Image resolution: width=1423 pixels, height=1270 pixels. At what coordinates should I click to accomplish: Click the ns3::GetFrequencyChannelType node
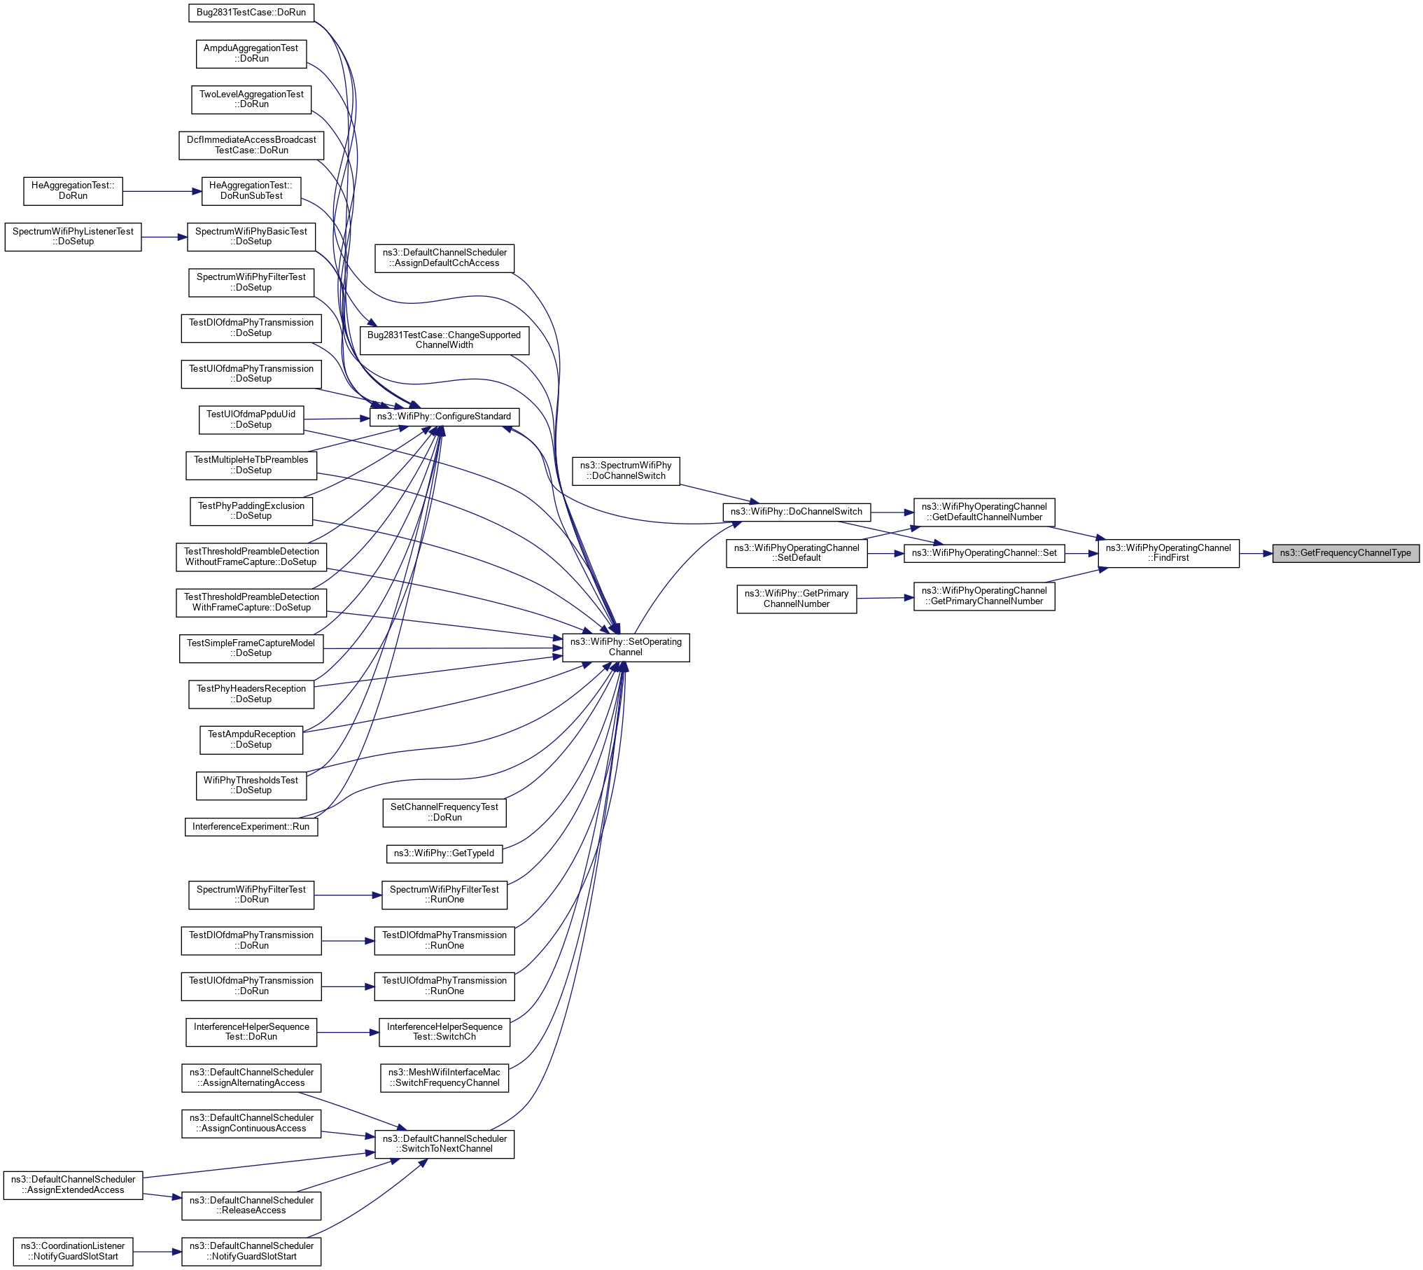[1345, 553]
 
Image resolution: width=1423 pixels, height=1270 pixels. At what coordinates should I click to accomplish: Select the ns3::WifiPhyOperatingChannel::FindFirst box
[1168, 553]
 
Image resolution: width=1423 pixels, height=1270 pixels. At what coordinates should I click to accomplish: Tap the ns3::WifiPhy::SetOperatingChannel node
[626, 647]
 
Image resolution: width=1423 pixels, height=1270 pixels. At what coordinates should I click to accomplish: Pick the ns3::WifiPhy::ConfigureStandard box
[444, 417]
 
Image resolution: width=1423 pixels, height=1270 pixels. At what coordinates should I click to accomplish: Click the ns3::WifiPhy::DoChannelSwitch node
[797, 512]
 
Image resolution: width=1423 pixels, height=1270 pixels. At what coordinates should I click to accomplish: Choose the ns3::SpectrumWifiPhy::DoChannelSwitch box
[626, 470]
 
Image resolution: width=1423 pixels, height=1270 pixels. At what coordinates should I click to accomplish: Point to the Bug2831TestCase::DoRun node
[251, 13]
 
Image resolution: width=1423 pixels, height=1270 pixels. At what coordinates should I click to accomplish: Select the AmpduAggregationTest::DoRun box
[251, 53]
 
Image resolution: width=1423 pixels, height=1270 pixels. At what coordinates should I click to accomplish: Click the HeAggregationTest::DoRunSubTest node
[251, 190]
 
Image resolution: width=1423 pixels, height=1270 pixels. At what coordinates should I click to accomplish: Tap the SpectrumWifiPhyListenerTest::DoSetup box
[73, 237]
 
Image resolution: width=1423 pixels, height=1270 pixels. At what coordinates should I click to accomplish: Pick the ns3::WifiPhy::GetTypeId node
[444, 853]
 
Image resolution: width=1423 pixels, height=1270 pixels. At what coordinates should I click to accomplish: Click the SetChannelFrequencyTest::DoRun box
[444, 812]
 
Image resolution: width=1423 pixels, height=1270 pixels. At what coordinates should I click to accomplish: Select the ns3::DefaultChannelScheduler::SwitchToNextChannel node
[444, 1143]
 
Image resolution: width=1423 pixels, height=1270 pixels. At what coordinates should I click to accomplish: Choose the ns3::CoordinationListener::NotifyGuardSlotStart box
[73, 1251]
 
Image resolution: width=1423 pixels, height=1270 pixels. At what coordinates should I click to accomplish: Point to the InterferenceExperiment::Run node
[251, 827]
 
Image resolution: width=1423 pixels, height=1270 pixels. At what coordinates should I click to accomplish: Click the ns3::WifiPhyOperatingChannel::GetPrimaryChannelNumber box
[984, 596]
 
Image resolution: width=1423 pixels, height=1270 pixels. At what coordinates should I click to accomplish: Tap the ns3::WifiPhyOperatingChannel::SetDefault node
[797, 553]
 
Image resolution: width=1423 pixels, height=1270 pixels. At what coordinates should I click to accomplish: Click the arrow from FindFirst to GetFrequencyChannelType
[1256, 553]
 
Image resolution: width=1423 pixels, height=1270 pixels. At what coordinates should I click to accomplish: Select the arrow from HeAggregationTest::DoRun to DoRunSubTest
[162, 191]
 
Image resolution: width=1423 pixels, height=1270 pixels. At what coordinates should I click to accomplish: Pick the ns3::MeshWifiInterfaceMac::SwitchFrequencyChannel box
[444, 1077]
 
